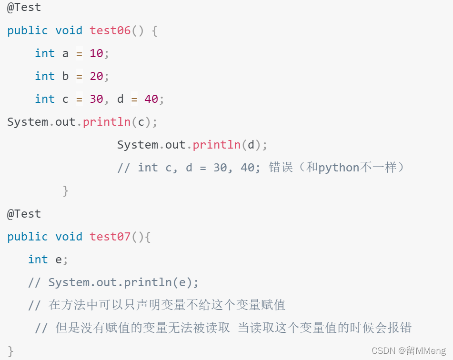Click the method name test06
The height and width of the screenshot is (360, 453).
(110, 30)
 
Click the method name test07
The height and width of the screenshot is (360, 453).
(110, 237)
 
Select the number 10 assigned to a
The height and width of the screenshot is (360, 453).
(96, 53)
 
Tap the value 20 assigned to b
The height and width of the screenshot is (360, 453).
(96, 76)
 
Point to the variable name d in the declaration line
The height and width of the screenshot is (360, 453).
(121, 99)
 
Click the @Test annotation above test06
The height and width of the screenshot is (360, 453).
(24, 8)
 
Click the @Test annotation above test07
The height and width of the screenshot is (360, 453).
(24, 214)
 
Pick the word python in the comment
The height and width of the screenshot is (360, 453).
(339, 168)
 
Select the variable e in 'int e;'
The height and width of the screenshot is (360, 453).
(59, 260)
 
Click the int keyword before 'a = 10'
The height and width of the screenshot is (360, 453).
(45, 53)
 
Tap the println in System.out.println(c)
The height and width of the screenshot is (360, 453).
(107, 122)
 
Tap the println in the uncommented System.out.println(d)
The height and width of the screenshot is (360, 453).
(217, 145)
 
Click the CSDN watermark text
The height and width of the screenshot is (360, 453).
(384, 351)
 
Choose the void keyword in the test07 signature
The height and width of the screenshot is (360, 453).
(69, 237)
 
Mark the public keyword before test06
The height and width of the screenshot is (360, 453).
(28, 30)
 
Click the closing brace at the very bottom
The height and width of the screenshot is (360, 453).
(10, 351)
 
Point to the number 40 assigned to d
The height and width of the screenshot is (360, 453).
(151, 99)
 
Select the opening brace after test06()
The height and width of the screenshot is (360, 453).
(154, 30)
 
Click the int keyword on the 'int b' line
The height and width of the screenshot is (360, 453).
(45, 76)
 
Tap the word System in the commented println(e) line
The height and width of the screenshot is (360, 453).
(69, 282)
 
